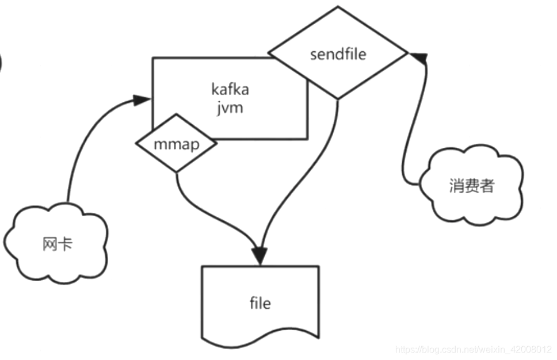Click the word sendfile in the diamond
pyautogui.click(x=338, y=55)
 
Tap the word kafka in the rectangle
pyautogui.click(x=230, y=90)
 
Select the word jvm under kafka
pyautogui.click(x=230, y=108)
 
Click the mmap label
pyautogui.click(x=176, y=144)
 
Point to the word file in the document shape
pyautogui.click(x=260, y=303)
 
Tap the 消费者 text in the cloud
pyautogui.click(x=471, y=186)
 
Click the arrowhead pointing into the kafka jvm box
pyautogui.click(x=142, y=99)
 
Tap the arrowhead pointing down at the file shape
pyautogui.click(x=260, y=254)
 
